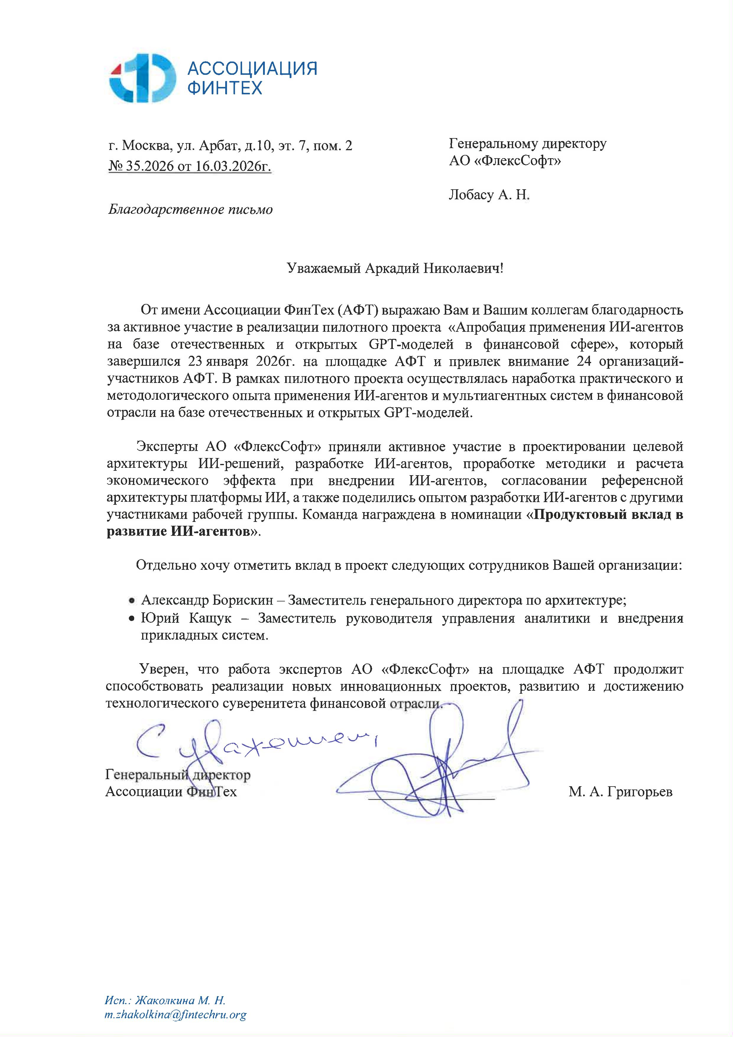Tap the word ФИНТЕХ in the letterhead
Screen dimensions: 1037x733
coord(224,88)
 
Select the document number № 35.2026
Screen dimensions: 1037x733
coord(141,166)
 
